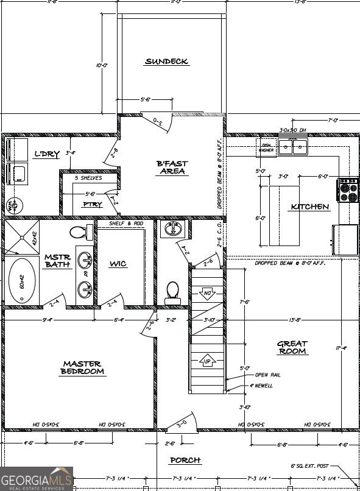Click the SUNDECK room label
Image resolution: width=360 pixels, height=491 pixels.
pyautogui.click(x=166, y=62)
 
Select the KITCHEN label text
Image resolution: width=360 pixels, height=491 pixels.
pyautogui.click(x=309, y=207)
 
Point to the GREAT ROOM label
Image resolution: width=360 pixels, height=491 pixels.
pyautogui.click(x=293, y=348)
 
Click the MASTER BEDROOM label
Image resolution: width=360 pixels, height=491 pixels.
pyautogui.click(x=83, y=367)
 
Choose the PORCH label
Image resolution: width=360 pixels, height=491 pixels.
pyautogui.click(x=185, y=460)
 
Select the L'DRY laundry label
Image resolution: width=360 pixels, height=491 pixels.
pyautogui.click(x=46, y=154)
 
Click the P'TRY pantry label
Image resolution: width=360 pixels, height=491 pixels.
pyautogui.click(x=93, y=205)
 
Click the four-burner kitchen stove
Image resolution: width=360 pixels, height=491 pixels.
pyautogui.click(x=348, y=189)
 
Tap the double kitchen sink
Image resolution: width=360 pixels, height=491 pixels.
pyautogui.click(x=293, y=146)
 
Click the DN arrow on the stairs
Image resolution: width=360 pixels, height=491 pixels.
pyautogui.click(x=206, y=293)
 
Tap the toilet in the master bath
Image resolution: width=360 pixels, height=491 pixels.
pyautogui.click(x=79, y=232)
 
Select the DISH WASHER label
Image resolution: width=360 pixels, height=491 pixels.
pyautogui.click(x=266, y=147)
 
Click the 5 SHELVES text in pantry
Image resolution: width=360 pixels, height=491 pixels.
pyautogui.click(x=88, y=178)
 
